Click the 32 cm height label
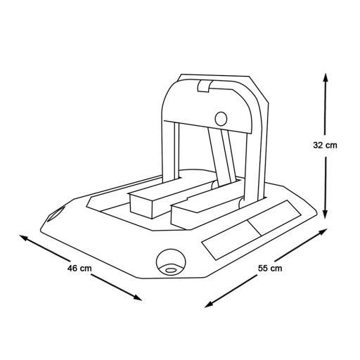coord(325,146)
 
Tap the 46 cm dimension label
coord(79,268)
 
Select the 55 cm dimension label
coord(270,268)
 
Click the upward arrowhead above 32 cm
coord(325,77)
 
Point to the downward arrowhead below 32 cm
coord(325,214)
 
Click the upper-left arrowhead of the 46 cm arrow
coord(24,238)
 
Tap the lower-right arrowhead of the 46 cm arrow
coord(137,297)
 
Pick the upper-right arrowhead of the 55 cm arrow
coord(323,232)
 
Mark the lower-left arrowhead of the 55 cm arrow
coord(209,304)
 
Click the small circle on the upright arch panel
coord(221,119)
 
